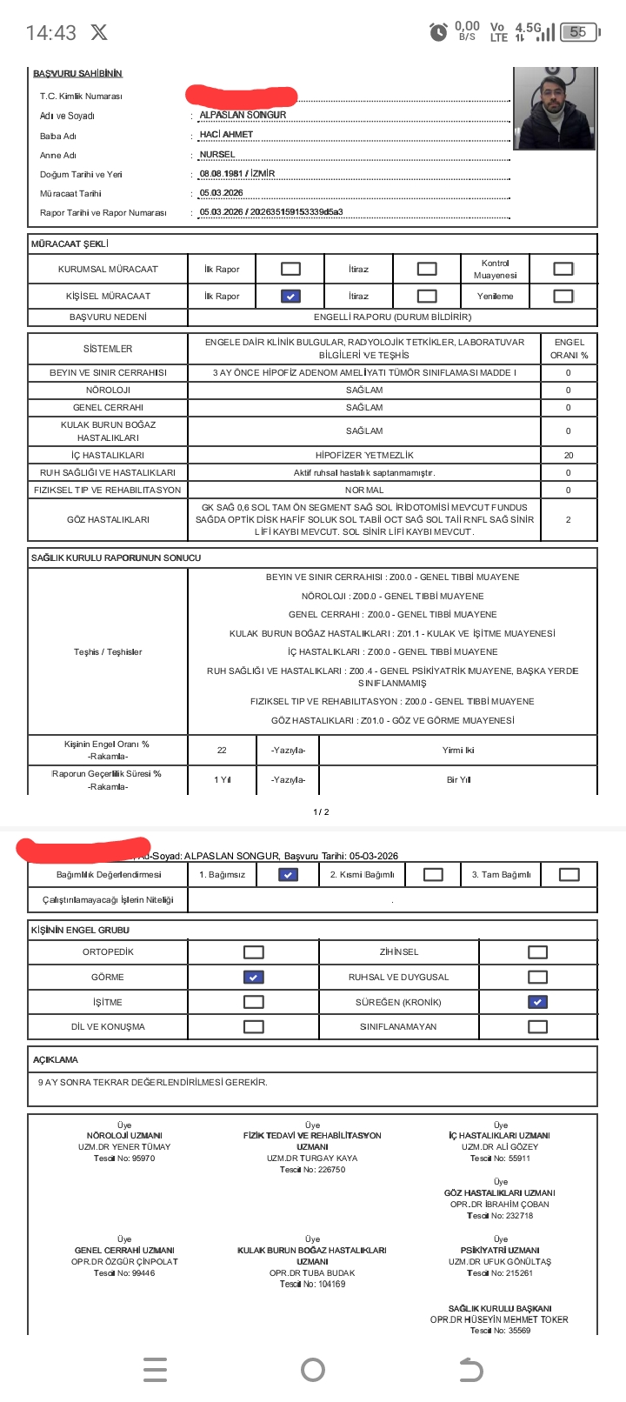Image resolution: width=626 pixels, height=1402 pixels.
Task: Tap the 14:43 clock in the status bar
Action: [x=50, y=33]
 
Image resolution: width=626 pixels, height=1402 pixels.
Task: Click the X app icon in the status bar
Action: [x=99, y=33]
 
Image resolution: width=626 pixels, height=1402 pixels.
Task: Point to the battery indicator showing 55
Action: [x=580, y=32]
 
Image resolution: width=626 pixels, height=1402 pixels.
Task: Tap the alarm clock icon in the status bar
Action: [x=439, y=32]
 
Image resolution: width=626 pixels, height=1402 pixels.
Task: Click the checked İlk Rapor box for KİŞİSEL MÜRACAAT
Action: [x=290, y=296]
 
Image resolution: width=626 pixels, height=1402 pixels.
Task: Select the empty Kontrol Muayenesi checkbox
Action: [x=563, y=269]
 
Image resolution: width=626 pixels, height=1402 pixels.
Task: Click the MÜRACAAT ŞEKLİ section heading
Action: [x=70, y=244]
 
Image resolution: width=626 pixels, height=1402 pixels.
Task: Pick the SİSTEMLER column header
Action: [x=108, y=349]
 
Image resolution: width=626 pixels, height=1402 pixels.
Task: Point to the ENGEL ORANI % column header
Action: [x=569, y=349]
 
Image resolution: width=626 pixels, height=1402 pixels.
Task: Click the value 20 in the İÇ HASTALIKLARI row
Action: [x=569, y=455]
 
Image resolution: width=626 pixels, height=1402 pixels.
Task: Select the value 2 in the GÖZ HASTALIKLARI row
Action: [x=569, y=519]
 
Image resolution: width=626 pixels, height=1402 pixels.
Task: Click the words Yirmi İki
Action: [x=458, y=750]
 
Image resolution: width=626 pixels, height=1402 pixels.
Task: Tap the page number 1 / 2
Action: [x=321, y=811]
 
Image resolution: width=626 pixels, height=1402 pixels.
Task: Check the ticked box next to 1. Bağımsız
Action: [x=288, y=874]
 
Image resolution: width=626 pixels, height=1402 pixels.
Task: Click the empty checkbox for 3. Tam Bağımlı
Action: [x=569, y=874]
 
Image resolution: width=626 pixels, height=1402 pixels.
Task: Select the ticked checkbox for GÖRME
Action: [x=253, y=977]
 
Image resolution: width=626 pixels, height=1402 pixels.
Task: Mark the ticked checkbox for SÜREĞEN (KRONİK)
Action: [x=538, y=1002]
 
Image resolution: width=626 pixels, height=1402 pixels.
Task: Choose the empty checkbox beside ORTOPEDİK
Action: [x=253, y=951]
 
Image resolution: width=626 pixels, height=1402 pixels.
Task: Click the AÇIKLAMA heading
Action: [x=56, y=1059]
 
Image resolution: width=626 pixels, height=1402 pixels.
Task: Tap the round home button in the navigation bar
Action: [x=313, y=1370]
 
